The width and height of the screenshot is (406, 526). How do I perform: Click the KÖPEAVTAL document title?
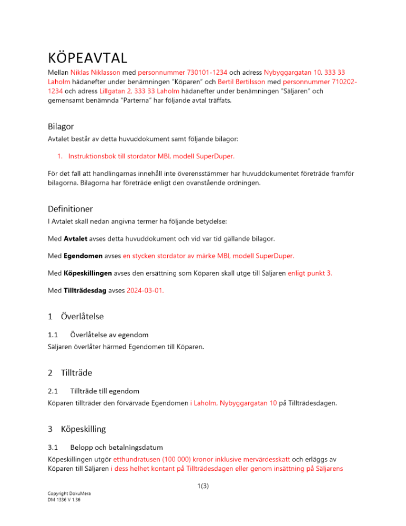tap(87, 56)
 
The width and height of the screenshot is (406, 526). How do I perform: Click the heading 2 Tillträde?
tap(70, 373)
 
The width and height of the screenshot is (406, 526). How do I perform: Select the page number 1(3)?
tap(202, 486)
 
